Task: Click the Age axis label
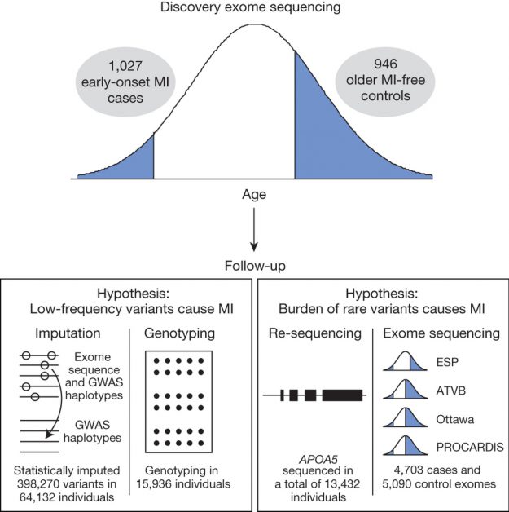253,195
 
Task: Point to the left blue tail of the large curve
130,163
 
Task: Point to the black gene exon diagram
314,395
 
